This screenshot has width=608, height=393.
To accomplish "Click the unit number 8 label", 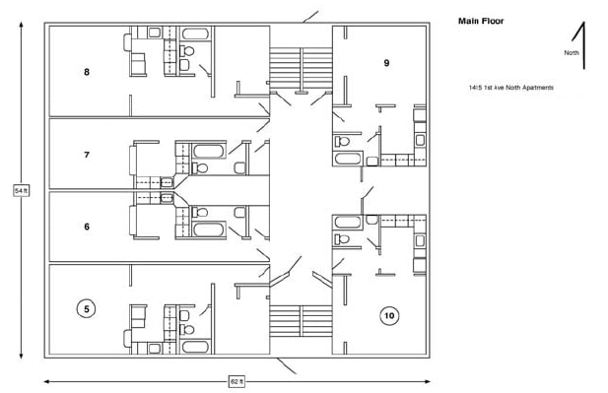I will click(87, 72).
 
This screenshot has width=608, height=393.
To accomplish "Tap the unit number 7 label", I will click(87, 155).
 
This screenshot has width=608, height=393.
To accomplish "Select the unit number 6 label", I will click(87, 227).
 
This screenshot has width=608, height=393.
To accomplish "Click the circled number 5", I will click(87, 309).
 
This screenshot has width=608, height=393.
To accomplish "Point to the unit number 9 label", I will click(386, 63).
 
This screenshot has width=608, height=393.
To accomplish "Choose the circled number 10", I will click(389, 315).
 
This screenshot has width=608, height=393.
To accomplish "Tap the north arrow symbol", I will click(585, 45).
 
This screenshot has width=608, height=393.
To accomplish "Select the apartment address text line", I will click(510, 88).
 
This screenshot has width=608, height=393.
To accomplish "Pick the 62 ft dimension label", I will click(236, 380).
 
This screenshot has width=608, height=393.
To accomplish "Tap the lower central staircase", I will click(300, 321).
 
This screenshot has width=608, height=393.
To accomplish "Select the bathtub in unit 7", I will click(208, 152).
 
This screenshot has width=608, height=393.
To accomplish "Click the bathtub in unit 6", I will click(208, 229).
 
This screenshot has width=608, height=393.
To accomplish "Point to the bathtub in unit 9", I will click(349, 159).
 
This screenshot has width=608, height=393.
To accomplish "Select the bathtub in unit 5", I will click(197, 346).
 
